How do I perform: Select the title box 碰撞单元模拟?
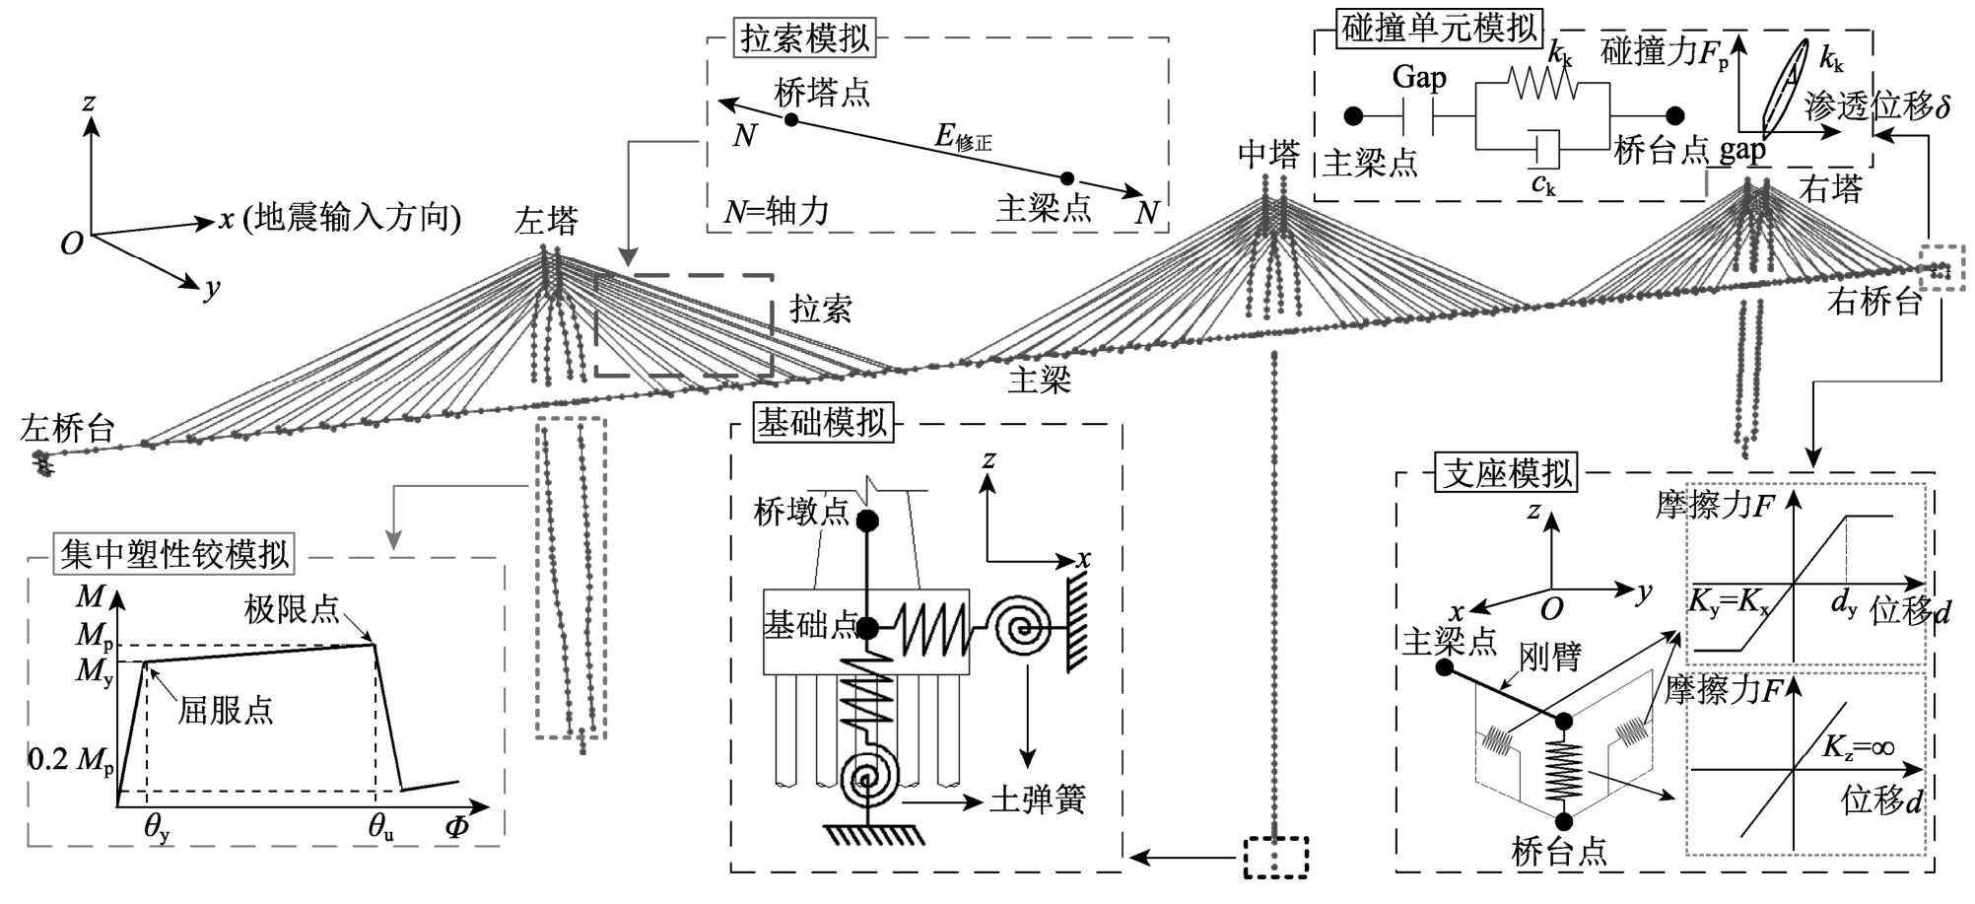pos(1440,29)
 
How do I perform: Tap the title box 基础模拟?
pos(822,423)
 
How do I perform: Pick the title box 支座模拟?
pos(1508,473)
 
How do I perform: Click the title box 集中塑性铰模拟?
pos(174,554)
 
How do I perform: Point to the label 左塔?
pos(545,221)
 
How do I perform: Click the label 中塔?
pos(1269,154)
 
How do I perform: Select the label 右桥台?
pos(1874,301)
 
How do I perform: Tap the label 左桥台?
pos(68,428)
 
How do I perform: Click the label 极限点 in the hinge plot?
pos(292,609)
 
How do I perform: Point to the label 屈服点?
pos(226,710)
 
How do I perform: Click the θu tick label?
pos(381,829)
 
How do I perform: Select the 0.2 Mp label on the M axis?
pos(71,760)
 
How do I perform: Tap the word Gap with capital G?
pos(1419,78)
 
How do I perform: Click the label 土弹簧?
pos(1037,799)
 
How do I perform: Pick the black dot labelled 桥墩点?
pos(868,520)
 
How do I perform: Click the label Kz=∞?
pos(1857,748)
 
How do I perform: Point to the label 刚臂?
pos(1550,656)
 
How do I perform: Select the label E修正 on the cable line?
pos(963,138)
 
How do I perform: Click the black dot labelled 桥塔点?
pos(790,119)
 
